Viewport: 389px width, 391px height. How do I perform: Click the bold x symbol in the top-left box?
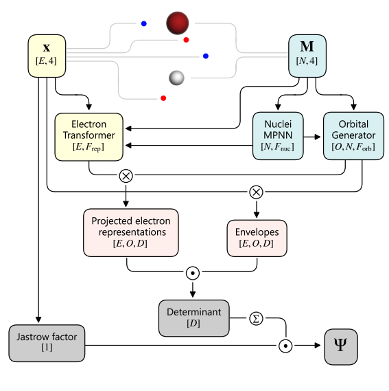47,48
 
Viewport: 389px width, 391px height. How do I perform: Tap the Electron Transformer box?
90,135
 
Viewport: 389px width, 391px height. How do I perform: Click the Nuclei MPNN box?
278,135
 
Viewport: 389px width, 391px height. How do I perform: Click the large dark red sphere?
177,23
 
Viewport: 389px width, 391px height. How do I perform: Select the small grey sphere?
177,78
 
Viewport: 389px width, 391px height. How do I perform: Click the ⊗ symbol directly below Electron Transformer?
126,175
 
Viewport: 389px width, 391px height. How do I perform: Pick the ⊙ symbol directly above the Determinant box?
193,272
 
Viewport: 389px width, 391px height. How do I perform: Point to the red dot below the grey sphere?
163,98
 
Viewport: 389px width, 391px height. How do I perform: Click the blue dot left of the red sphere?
143,24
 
